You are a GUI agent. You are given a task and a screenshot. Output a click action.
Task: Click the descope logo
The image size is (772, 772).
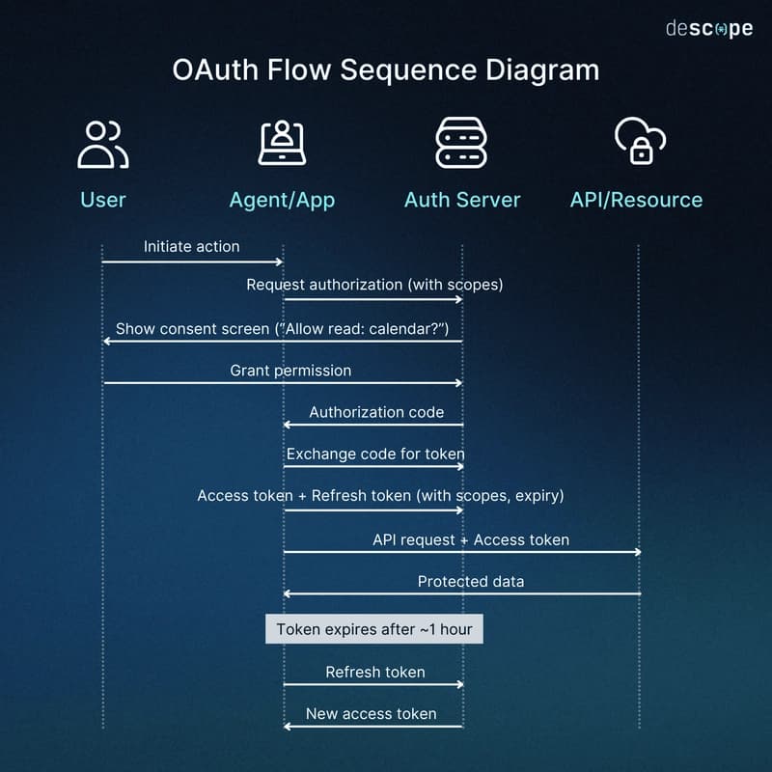point(708,29)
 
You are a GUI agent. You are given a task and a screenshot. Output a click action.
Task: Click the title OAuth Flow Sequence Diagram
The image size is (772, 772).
point(385,71)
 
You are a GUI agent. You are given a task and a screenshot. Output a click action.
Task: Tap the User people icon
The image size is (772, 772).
point(102,144)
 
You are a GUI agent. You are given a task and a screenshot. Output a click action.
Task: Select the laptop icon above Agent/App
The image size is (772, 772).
point(282,143)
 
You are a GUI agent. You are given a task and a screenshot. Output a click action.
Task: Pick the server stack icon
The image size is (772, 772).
point(461,143)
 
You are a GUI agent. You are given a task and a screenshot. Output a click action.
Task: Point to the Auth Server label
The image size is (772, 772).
point(461,200)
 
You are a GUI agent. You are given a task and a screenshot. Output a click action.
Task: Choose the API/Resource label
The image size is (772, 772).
point(636,200)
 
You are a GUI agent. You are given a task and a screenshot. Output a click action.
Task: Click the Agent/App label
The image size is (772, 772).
point(282,200)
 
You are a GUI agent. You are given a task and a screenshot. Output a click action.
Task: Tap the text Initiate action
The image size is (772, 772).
point(191,247)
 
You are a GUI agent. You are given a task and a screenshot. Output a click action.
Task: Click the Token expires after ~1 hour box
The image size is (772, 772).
point(374,630)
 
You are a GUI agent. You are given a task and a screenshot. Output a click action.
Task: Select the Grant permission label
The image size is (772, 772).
point(290,371)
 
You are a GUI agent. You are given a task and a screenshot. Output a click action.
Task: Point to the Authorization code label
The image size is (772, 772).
point(376,413)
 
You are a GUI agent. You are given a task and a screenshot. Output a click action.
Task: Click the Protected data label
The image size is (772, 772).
point(471,582)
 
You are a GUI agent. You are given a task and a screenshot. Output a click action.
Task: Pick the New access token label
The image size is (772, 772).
point(371,714)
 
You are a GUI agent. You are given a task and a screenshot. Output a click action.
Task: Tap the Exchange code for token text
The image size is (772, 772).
point(374,454)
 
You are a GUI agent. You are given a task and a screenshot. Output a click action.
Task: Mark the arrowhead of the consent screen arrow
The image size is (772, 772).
point(107,341)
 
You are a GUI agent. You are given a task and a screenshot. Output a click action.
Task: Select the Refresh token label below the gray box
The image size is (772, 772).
point(374,673)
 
